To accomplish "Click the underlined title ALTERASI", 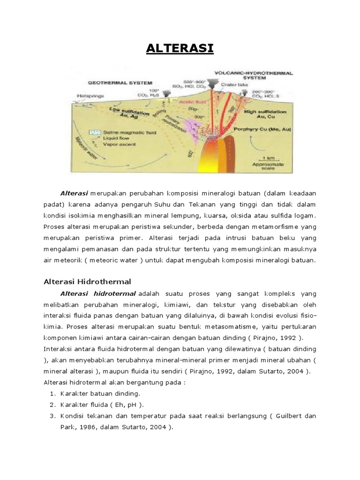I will (180, 49).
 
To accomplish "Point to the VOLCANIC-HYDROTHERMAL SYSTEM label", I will (253, 75).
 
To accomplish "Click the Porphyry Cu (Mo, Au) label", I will (266, 131).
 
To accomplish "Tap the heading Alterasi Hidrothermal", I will (87, 281).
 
